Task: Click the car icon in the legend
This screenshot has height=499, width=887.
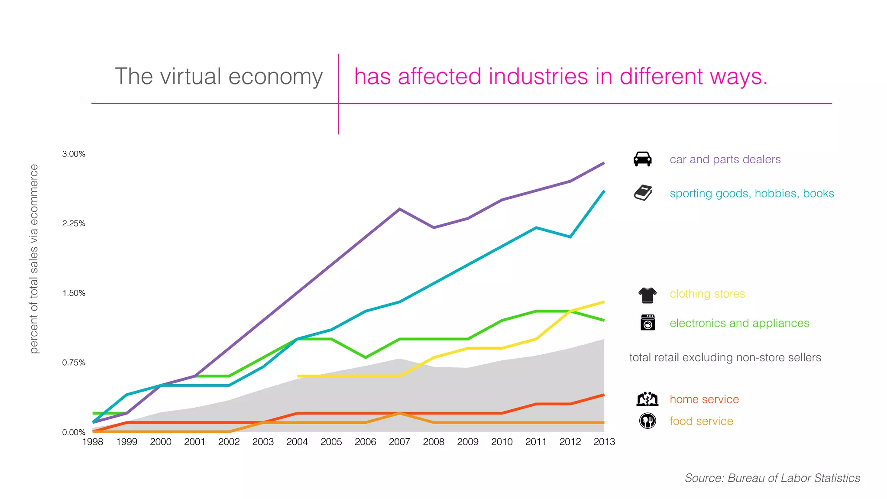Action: pos(642,159)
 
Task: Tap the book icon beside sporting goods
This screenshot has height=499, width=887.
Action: pos(643,193)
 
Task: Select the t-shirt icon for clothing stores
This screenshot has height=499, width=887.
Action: pos(647,295)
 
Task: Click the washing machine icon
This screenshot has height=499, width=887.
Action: pos(647,323)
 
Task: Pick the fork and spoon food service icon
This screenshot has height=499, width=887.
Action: pos(647,421)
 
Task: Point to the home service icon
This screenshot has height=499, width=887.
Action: pos(647,399)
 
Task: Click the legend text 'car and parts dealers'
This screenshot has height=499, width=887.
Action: pos(725,159)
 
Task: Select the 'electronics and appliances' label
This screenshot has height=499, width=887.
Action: pos(739,323)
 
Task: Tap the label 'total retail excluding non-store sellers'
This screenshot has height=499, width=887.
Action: pos(725,357)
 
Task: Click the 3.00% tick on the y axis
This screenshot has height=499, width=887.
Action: pos(74,154)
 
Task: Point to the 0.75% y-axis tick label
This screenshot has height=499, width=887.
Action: pos(74,363)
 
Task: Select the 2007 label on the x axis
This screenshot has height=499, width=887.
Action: pos(399,442)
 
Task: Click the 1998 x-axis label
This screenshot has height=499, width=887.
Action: pos(93,442)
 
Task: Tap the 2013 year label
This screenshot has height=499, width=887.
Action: pos(604,442)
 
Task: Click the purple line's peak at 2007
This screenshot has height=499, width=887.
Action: pos(399,209)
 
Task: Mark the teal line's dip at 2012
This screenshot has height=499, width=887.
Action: pos(570,237)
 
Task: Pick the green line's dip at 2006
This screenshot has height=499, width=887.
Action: pos(366,357)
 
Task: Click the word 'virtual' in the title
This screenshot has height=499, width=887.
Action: pos(191,77)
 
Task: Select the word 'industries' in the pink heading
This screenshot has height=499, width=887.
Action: pos(539,77)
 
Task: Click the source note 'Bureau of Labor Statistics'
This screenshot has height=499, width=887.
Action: pos(793,478)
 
